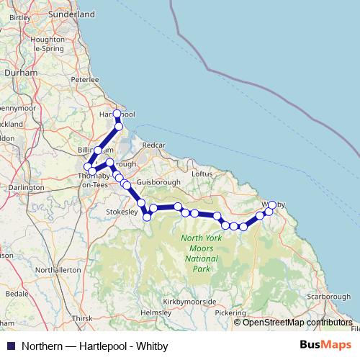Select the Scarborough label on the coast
tap(328, 297)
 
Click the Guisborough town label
tap(152, 183)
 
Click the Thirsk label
tap(82, 318)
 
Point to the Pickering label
tap(230, 313)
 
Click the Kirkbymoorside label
tap(189, 300)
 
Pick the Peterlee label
tap(84, 79)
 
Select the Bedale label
tap(16, 294)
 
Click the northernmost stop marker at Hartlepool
tap(117, 114)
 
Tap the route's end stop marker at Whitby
tap(272, 205)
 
